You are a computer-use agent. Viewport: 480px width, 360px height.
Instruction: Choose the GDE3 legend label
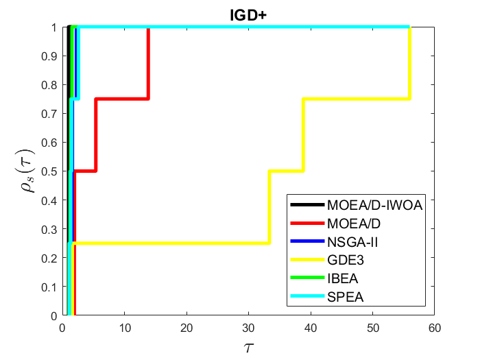point(344,260)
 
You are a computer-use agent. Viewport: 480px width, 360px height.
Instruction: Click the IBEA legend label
point(343,278)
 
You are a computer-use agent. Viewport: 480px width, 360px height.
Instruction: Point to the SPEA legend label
point(344,297)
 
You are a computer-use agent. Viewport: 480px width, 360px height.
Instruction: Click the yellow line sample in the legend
point(307,260)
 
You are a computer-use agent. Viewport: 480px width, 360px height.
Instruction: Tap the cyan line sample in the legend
point(307,297)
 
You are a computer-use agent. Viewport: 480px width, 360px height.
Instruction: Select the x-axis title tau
point(248,346)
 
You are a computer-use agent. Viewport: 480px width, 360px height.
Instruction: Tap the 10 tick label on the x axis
point(124,327)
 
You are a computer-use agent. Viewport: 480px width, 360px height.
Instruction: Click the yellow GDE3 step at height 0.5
point(286,171)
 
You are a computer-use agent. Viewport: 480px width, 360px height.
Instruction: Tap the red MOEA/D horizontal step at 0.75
point(122,99)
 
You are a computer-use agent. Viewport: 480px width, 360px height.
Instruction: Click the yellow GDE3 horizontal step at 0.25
point(171,243)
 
